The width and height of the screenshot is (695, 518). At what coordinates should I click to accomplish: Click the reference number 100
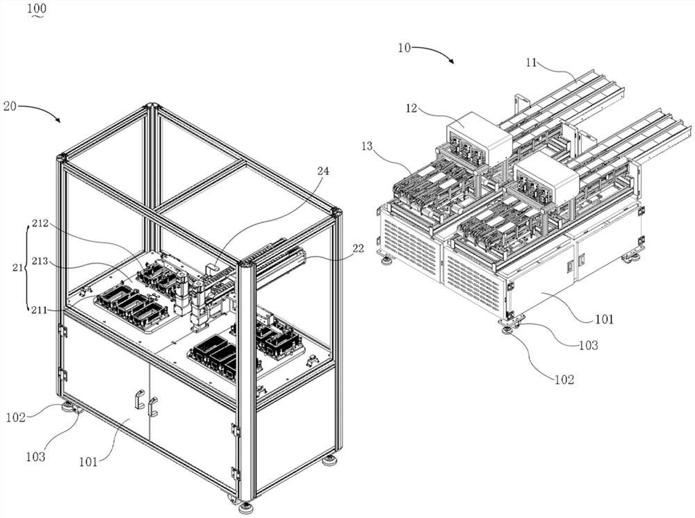point(37,8)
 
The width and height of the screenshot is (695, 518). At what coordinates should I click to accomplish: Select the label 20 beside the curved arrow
point(10,106)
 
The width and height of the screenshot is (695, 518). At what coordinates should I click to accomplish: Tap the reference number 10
point(404,48)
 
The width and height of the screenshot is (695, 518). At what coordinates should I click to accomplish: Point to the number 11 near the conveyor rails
point(532,63)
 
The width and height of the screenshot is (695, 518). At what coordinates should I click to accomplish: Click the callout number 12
point(411,108)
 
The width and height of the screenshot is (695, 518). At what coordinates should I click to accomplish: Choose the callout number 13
point(367,146)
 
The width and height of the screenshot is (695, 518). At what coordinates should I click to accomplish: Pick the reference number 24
point(323,171)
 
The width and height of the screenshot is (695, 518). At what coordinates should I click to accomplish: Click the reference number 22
point(358,249)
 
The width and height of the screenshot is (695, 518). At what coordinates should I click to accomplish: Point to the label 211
point(40,310)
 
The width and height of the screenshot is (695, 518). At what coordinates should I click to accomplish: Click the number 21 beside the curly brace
point(17,267)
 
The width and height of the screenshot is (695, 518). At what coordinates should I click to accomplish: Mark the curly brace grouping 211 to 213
point(26,267)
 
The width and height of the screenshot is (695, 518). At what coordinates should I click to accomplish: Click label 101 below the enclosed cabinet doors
point(88,462)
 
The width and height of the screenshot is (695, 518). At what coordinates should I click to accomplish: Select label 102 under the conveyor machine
point(564,379)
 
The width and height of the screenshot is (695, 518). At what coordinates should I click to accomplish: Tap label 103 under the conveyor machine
point(589,345)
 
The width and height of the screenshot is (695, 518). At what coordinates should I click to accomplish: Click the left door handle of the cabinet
point(138,399)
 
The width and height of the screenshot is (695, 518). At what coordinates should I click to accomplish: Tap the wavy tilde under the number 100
point(37,16)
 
